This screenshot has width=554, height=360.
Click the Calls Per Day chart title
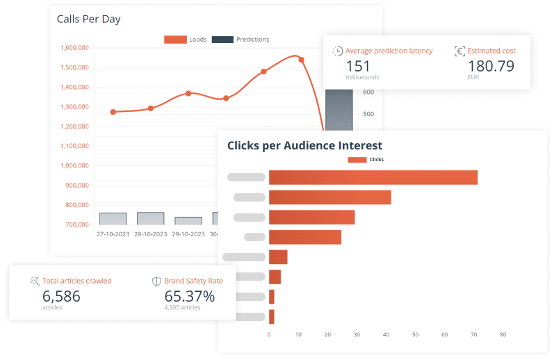[x=88, y=19]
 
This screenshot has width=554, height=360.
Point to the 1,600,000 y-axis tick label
[x=74, y=48]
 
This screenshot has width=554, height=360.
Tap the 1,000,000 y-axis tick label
[x=74, y=166]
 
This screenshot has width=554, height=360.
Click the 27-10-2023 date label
[x=113, y=234]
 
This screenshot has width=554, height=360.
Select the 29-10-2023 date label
[x=188, y=234]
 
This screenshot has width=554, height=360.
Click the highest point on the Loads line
[x=301, y=60]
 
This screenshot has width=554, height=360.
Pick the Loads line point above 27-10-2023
[x=113, y=112]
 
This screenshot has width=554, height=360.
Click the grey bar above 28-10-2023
[x=151, y=218]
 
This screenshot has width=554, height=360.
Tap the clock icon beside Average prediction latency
[x=338, y=51]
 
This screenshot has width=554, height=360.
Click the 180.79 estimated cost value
[x=491, y=66]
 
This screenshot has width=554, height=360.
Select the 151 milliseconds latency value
[x=358, y=66]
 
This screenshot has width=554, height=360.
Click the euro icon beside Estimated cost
[x=459, y=51]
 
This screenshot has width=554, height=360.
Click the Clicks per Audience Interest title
[x=304, y=146]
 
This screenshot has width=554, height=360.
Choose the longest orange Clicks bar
[x=373, y=177]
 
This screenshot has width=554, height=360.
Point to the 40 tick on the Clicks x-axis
[x=386, y=334]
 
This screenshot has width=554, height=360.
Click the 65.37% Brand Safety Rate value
[x=189, y=295]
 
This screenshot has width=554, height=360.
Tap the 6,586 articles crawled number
[x=61, y=295]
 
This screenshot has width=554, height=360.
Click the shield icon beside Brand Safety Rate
[x=156, y=281]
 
